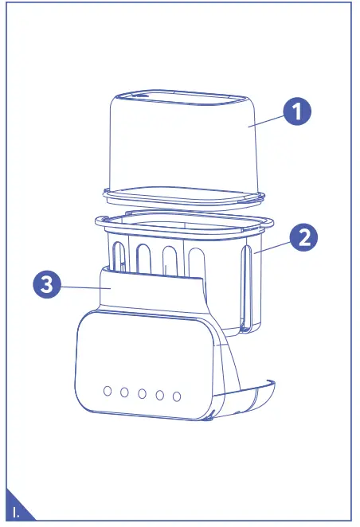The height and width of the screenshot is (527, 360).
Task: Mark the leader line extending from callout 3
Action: (83, 287)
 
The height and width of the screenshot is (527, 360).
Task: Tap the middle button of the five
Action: (142, 392)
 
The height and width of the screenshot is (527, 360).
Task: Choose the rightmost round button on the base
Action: (177, 396)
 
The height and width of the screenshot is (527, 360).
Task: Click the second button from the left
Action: (124, 392)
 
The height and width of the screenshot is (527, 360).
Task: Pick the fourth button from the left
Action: (159, 394)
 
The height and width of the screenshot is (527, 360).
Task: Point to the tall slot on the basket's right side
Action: (250, 287)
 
